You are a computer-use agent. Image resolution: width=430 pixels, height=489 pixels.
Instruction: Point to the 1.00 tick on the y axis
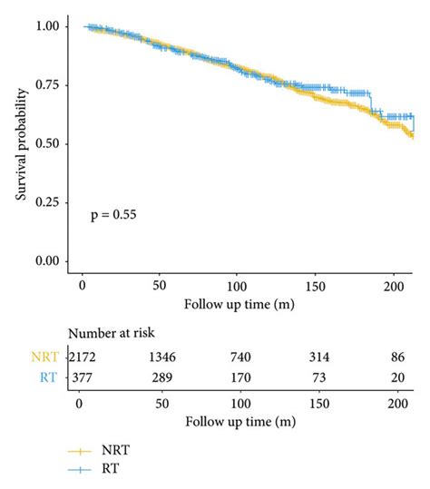(x=52, y=27)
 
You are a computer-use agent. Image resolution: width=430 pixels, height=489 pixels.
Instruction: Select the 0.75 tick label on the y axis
(x=52, y=85)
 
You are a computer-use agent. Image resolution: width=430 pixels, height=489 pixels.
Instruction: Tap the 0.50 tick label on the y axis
(x=52, y=144)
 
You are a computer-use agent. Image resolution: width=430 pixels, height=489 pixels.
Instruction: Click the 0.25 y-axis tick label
(x=52, y=202)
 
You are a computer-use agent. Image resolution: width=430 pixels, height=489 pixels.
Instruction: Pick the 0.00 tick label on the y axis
(x=52, y=261)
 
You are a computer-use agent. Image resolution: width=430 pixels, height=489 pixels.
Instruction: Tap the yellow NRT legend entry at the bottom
(x=106, y=449)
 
